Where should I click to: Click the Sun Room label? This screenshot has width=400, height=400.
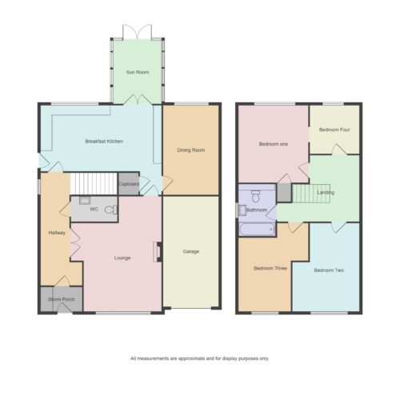[138, 72]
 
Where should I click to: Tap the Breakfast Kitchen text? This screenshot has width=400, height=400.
[104, 142]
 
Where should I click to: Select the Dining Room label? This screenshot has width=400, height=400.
[191, 150]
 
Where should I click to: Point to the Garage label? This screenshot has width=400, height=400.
[191, 251]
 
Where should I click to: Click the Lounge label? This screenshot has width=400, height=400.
[122, 258]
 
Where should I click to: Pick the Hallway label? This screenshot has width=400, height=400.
[57, 233]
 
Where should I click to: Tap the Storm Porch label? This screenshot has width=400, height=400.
[61, 299]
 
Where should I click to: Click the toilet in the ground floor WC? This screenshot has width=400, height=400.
[111, 210]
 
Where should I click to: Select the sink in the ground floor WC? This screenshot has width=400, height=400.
[85, 200]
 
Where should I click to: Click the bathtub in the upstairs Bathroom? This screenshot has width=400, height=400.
[257, 230]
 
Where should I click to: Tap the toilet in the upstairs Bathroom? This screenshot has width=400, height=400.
[256, 196]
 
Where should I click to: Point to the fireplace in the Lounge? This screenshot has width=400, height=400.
[158, 252]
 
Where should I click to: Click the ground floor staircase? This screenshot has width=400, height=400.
[94, 184]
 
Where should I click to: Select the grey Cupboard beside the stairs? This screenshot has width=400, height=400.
[129, 184]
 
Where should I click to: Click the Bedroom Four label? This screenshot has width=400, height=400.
[334, 130]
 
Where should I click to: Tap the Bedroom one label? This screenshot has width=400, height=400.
[274, 144]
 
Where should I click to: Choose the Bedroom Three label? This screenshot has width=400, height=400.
[270, 268]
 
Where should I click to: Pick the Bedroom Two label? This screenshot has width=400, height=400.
[329, 270]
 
